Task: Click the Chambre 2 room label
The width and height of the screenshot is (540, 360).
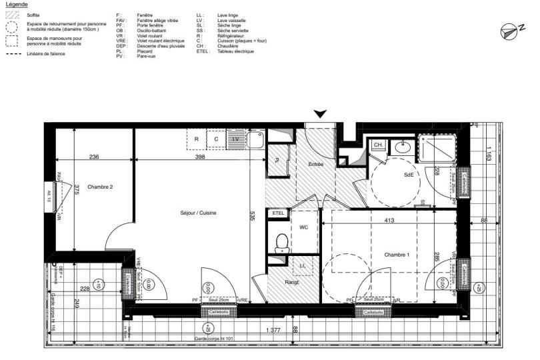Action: click(x=100, y=187)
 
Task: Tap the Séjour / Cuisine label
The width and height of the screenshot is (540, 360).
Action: click(x=199, y=213)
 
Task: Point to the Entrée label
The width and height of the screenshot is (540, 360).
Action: click(x=316, y=164)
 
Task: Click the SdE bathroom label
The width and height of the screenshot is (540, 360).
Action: click(x=409, y=174)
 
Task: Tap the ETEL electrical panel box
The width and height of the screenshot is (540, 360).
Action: click(x=278, y=213)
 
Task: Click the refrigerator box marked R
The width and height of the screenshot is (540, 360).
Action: click(x=197, y=139)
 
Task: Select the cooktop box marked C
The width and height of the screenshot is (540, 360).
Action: click(x=216, y=139)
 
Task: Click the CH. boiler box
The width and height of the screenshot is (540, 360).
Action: click(x=377, y=145)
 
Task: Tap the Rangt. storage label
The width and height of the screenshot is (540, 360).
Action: click(x=293, y=283)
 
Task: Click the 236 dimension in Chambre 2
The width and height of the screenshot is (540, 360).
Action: click(x=94, y=157)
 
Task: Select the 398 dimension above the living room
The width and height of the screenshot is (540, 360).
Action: click(x=199, y=157)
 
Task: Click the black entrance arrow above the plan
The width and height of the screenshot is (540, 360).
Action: click(x=321, y=114)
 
